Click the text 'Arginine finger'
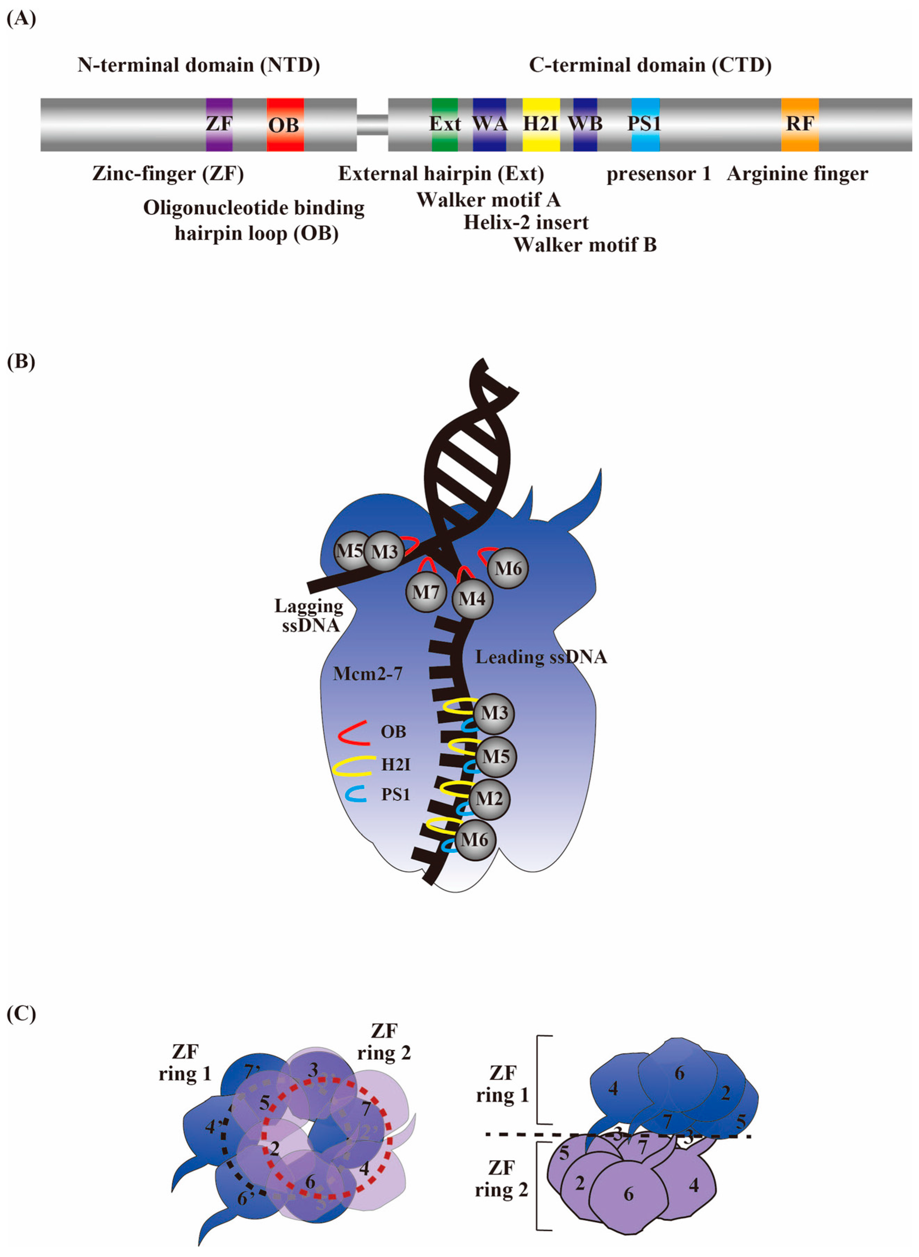[x=797, y=174]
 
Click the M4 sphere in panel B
[x=472, y=599]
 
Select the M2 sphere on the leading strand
[x=489, y=798]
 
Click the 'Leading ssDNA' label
[x=541, y=657]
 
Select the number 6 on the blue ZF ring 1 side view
[x=679, y=1073]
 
